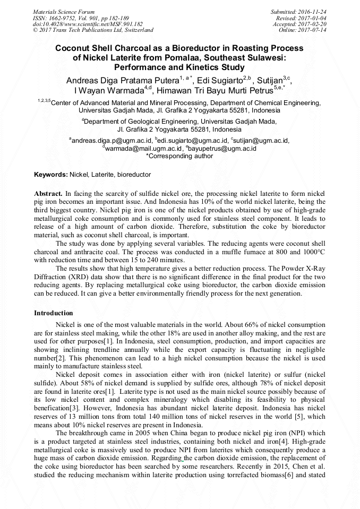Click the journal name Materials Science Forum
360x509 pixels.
click(x=64, y=11)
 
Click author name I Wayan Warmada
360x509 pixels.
click(x=109, y=90)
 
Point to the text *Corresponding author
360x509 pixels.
click(x=179, y=156)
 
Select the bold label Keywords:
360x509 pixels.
click(x=51, y=175)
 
